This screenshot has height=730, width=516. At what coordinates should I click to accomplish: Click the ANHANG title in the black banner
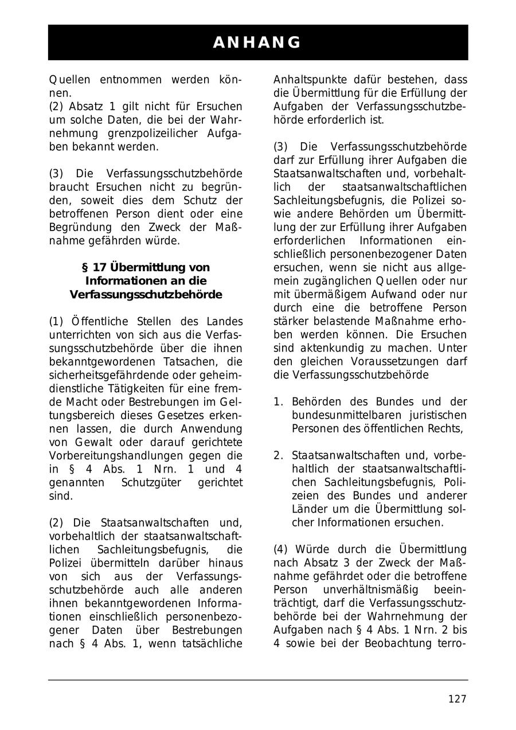point(257,42)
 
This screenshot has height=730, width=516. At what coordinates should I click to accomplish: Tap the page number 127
point(457,698)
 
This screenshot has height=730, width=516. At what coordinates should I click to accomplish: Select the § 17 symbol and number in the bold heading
point(95,268)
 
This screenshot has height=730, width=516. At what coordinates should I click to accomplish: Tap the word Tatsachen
point(186,361)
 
